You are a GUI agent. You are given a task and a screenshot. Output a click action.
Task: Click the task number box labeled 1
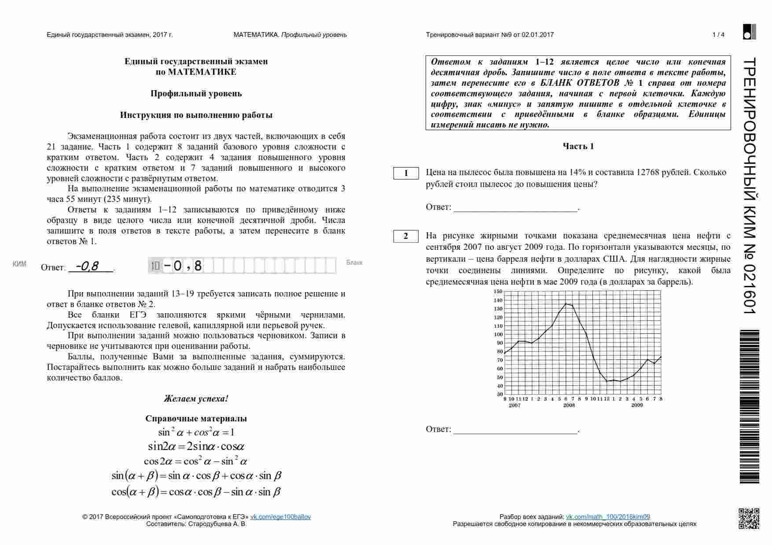click(x=406, y=173)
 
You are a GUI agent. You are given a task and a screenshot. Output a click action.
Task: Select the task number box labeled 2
click(x=406, y=236)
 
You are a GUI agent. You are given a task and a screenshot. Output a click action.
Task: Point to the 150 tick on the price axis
click(x=498, y=292)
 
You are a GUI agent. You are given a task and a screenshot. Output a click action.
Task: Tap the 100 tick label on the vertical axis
click(x=498, y=335)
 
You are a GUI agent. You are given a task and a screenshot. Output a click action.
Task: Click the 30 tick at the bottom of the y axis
click(x=500, y=395)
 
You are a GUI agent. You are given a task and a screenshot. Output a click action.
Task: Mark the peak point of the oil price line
click(x=566, y=304)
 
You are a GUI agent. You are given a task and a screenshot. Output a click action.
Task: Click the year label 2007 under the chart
click(x=515, y=405)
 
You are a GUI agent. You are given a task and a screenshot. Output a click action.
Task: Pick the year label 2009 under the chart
click(x=637, y=405)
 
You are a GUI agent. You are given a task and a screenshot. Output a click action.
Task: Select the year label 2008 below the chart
click(x=569, y=405)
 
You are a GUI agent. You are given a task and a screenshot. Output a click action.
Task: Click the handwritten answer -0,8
click(x=87, y=267)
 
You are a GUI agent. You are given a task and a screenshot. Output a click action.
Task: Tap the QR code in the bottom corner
click(x=749, y=518)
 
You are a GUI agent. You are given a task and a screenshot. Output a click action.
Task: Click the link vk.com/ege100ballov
click(x=280, y=517)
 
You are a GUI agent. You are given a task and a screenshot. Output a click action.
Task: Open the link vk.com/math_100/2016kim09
click(x=607, y=517)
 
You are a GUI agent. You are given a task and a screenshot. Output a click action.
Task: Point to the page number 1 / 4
click(x=718, y=35)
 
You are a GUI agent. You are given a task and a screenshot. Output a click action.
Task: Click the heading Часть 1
click(x=578, y=146)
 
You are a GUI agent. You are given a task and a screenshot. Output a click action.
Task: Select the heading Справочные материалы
click(x=196, y=419)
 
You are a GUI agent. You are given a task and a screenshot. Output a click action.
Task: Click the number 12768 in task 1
click(x=647, y=172)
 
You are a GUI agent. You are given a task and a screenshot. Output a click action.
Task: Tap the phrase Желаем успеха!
click(x=196, y=399)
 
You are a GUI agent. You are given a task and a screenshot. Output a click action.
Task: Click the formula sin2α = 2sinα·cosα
click(x=196, y=446)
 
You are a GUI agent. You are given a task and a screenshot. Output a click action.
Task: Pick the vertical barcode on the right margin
click(x=749, y=407)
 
